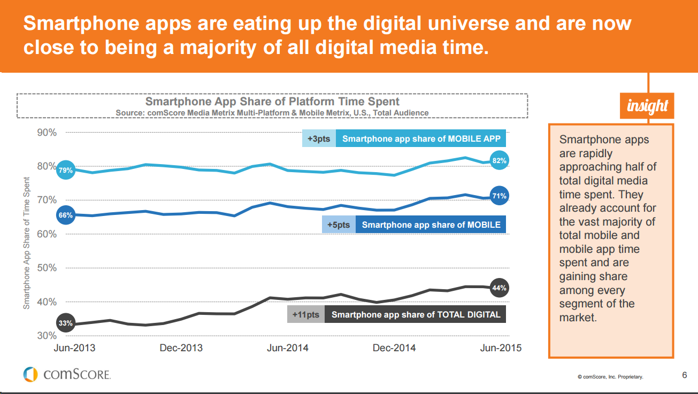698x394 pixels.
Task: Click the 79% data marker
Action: point(65,171)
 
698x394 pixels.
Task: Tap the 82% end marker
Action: point(499,160)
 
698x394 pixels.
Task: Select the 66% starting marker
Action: point(65,215)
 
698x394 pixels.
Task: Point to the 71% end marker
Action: point(499,196)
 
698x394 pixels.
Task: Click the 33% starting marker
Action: point(65,323)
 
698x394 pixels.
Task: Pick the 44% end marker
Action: point(499,288)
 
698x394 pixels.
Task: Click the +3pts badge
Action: point(319,139)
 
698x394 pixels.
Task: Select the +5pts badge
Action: point(339,225)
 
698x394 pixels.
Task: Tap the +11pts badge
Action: point(306,314)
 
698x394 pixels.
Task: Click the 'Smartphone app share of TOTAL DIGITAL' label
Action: point(416,314)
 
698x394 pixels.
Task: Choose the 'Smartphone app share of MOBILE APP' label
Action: point(421,139)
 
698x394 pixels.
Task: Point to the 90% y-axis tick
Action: point(47,132)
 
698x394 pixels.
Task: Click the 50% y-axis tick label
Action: point(47,268)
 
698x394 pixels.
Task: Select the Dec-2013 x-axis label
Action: point(181,348)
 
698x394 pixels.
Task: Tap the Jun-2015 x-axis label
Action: point(501,348)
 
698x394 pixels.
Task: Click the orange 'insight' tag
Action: point(647,106)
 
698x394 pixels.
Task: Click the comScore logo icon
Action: point(30,374)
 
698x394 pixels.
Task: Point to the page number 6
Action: point(685,375)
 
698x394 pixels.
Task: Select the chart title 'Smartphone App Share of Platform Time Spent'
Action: point(272,102)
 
